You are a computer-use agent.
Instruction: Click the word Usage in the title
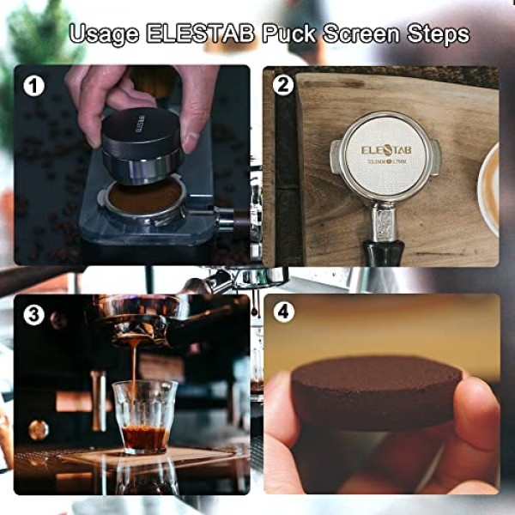106,34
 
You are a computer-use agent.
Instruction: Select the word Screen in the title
365,34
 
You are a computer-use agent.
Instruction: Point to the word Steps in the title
438,34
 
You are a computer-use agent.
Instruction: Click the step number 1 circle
33,85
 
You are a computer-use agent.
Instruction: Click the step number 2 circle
282,85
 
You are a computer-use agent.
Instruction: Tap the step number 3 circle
33,315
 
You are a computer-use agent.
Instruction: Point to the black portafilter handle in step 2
382,251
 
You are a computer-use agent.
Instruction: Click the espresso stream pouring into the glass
134,369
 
